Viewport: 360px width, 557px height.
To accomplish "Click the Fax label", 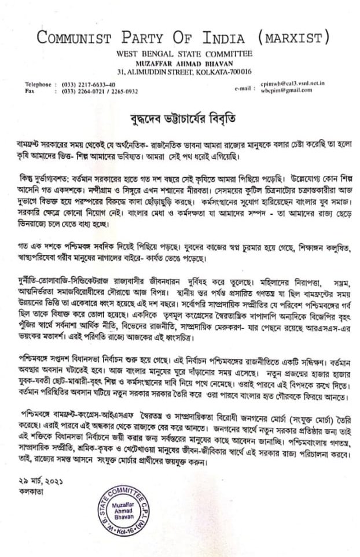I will click(30, 91).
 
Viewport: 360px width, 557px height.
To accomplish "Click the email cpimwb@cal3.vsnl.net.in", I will click(292, 84).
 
